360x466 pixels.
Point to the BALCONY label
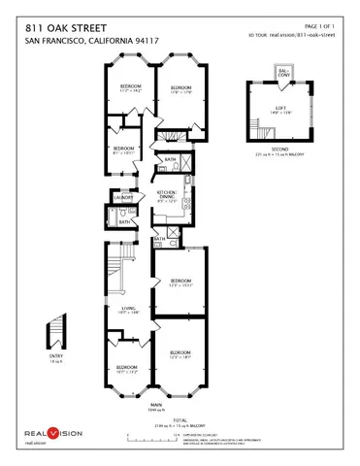pyautogui.click(x=283, y=72)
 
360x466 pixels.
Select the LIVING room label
pyautogui.click(x=120, y=310)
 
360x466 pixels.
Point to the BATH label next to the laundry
pyautogui.click(x=124, y=222)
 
